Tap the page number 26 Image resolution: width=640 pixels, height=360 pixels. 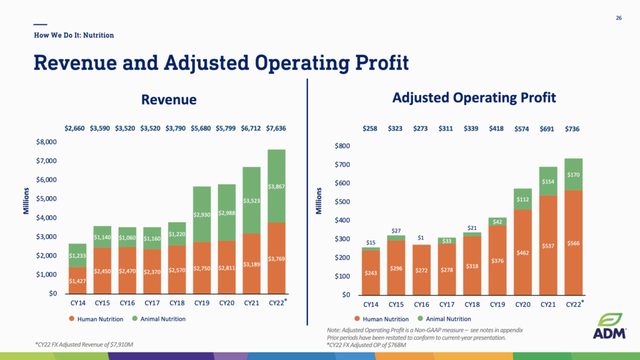(619, 17)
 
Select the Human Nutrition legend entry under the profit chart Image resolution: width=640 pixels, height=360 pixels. (382, 319)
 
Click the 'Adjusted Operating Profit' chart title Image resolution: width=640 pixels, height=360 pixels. (474, 98)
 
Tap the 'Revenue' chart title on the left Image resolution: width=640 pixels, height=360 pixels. (169, 99)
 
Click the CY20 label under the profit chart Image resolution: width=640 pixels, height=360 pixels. (522, 304)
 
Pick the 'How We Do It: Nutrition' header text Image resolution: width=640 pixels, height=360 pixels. (74, 35)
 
